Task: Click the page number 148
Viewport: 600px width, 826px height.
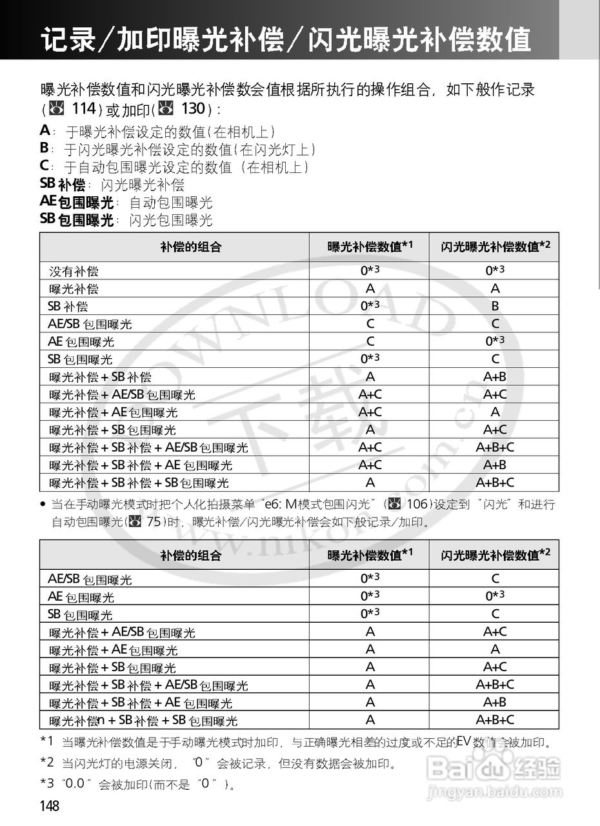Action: [50, 806]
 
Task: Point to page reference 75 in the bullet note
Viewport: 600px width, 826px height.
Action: [153, 521]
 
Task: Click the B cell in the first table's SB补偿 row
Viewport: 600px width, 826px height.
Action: [495, 306]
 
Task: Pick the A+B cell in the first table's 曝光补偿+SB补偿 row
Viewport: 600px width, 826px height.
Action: [495, 377]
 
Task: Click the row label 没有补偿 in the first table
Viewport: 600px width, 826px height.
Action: [74, 272]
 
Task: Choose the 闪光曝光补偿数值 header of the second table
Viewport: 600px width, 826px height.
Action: [495, 554]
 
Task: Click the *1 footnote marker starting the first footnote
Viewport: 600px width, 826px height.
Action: [46, 741]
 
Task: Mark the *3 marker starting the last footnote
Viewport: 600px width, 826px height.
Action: [46, 783]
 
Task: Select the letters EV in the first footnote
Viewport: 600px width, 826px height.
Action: [463, 740]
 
